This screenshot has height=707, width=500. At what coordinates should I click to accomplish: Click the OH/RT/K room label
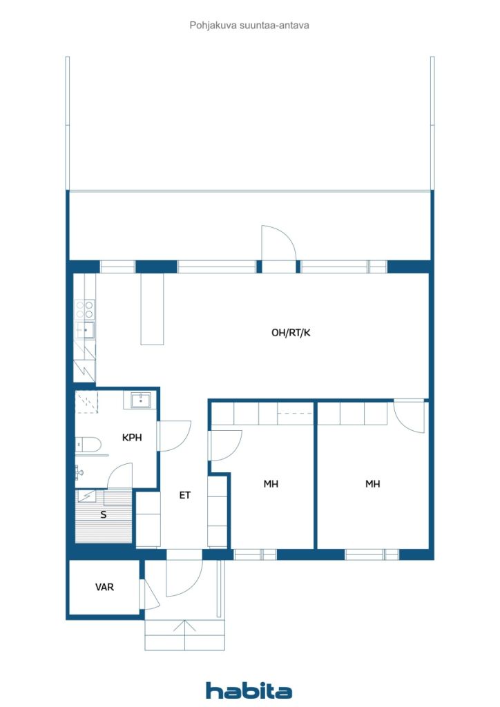click(291, 333)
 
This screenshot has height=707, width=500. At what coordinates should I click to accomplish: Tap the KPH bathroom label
click(132, 437)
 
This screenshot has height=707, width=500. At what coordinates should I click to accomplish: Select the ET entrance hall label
click(184, 495)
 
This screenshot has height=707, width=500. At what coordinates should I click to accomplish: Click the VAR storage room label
click(105, 588)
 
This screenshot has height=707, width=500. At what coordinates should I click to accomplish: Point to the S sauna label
click(104, 514)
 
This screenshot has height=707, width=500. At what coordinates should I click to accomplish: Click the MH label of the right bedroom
click(372, 484)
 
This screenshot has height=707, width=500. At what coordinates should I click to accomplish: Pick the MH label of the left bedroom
click(271, 484)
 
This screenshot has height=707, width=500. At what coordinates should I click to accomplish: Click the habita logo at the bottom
click(249, 690)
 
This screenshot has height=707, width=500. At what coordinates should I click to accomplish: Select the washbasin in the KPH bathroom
click(140, 399)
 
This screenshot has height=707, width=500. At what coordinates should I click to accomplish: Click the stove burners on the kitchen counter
click(85, 309)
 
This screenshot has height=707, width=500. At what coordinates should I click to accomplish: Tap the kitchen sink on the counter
click(86, 331)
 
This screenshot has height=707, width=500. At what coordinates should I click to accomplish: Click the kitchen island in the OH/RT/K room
click(152, 309)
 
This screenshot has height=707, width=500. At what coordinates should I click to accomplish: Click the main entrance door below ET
click(184, 577)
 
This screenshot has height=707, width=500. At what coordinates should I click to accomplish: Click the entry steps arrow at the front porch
click(184, 631)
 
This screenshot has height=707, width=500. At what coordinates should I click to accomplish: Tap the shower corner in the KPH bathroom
click(88, 403)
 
